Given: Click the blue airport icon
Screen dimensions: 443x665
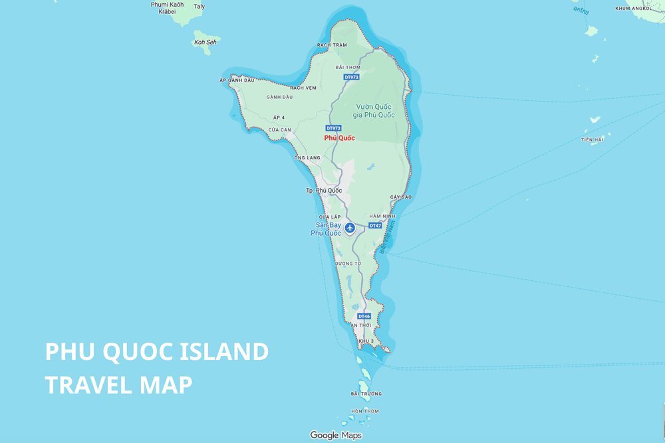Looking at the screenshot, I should tap(349, 228).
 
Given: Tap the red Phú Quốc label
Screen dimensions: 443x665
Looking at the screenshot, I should tap(339, 138).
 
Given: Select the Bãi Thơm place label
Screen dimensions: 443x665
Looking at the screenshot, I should tap(348, 67).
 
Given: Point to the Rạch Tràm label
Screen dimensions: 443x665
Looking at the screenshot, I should tap(332, 45).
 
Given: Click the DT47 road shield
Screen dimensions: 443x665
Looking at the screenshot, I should tap(375, 225).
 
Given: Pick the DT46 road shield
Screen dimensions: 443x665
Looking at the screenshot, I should tap(364, 316).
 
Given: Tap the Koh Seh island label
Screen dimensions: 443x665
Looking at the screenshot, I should tap(205, 42).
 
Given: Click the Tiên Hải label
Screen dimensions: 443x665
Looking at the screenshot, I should tap(592, 139).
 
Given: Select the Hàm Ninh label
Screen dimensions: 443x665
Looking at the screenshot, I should tap(382, 216).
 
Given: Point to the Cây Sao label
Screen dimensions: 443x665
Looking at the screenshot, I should tap(402, 197).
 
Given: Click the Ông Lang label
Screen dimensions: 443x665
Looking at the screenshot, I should tap(307, 157).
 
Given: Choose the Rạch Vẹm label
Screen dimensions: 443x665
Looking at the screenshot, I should tap(303, 87).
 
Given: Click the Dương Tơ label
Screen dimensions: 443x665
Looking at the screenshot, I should tap(348, 264).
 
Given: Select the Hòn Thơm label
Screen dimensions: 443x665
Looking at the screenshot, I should tap(365, 411).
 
